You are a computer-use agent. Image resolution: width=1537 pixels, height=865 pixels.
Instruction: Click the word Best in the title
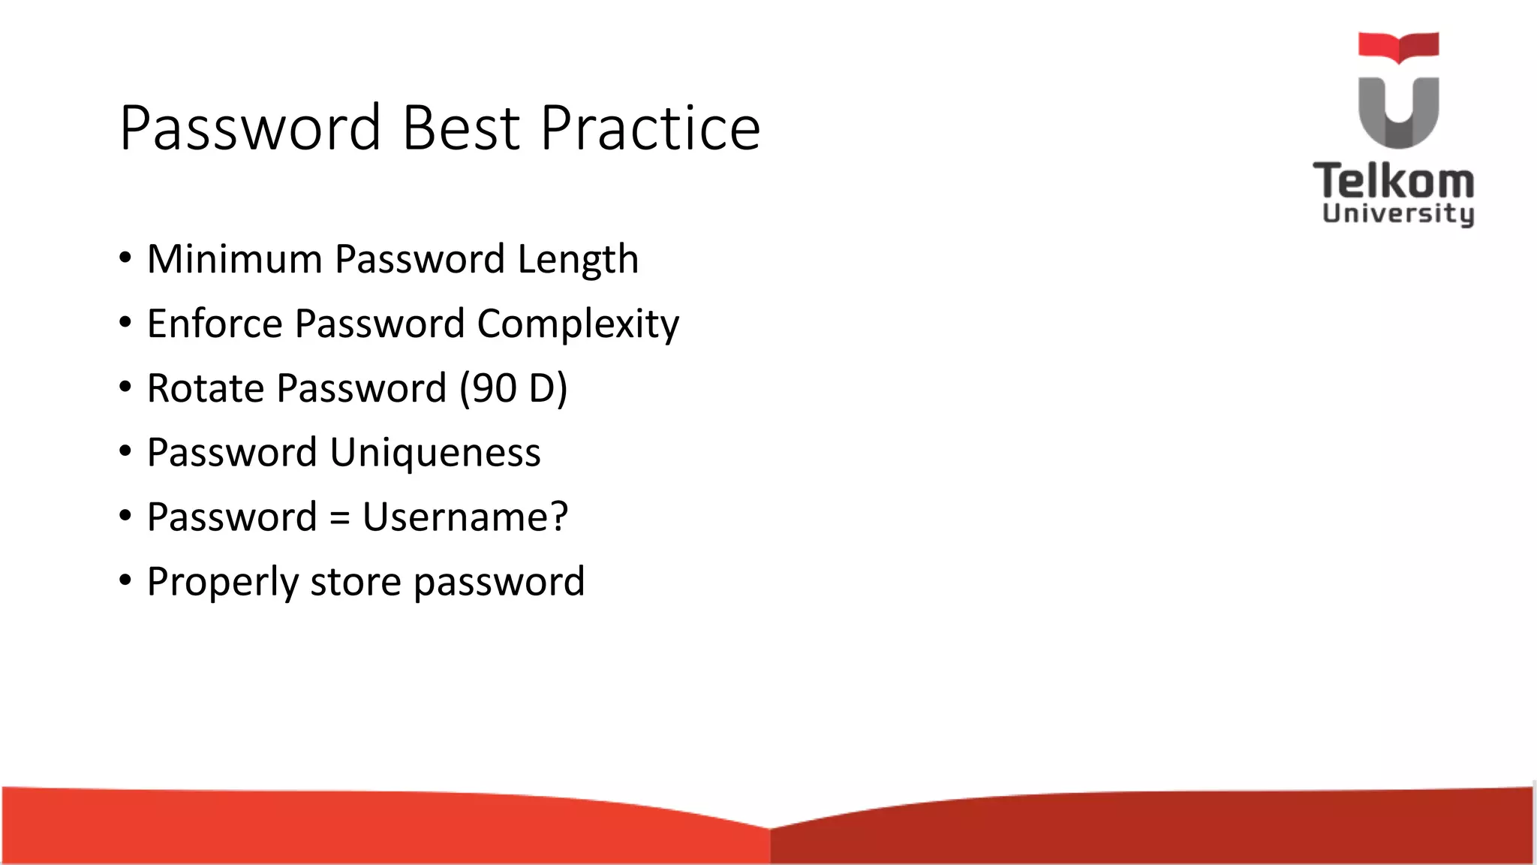[x=461, y=128]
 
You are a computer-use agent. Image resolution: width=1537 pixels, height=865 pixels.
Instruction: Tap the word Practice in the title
[x=650, y=128]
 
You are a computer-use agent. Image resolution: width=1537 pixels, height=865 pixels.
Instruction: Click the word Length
[x=578, y=261]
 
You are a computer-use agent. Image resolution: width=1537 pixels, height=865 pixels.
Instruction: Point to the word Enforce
[x=215, y=324]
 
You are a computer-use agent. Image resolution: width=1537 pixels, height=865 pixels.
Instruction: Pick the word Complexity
[x=578, y=325]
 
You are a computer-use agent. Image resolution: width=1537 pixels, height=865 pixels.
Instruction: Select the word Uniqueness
[x=435, y=454]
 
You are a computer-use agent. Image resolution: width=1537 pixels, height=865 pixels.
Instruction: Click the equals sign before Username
[x=339, y=518]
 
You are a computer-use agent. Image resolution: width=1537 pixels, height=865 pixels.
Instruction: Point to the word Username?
[x=465, y=517]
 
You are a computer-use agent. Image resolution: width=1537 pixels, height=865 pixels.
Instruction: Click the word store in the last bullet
[x=356, y=582]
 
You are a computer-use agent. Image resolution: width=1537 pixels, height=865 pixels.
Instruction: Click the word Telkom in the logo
[x=1394, y=181]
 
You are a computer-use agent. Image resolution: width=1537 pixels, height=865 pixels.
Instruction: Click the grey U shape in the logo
[x=1398, y=113]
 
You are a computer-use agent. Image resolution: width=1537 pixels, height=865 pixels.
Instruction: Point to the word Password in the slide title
[x=251, y=128]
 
